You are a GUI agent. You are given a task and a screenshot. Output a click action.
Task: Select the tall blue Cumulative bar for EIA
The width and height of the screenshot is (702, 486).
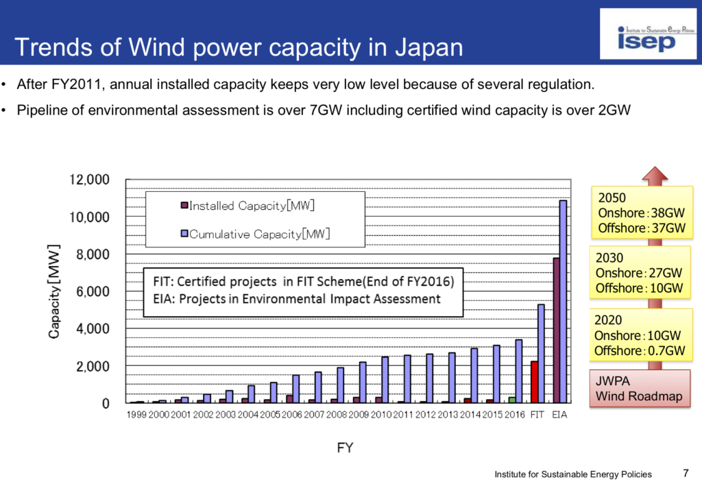point(563,302)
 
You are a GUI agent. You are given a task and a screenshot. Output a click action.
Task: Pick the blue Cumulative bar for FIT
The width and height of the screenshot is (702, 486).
point(541,354)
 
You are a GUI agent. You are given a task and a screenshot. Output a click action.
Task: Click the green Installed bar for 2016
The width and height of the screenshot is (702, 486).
point(512,400)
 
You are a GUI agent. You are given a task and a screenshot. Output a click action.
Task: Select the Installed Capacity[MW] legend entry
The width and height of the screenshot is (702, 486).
point(247,206)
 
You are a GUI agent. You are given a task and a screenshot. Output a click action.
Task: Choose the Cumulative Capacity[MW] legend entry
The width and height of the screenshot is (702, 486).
point(255,234)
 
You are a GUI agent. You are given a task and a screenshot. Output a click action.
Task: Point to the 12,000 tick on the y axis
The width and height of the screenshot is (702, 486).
point(90,180)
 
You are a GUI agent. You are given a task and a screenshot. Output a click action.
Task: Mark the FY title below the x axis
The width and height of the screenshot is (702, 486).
point(345,448)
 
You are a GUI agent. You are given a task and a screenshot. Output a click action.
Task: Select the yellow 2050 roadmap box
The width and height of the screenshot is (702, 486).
point(641,212)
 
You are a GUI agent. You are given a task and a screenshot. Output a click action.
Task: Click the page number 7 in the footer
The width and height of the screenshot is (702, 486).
point(686,472)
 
